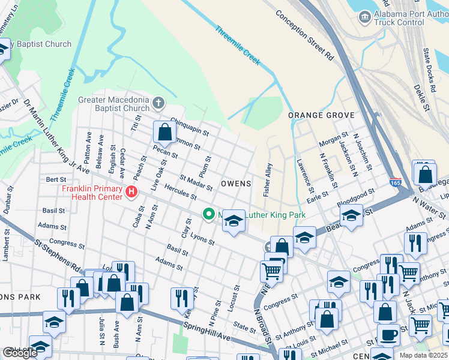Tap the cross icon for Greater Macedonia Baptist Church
158,103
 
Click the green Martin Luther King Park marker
208,214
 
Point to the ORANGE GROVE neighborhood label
321,115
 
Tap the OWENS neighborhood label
235,183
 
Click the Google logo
20,353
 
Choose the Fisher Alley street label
267,179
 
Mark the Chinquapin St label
189,125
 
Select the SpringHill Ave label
206,334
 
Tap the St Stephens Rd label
58,256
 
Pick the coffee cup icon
388,334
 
